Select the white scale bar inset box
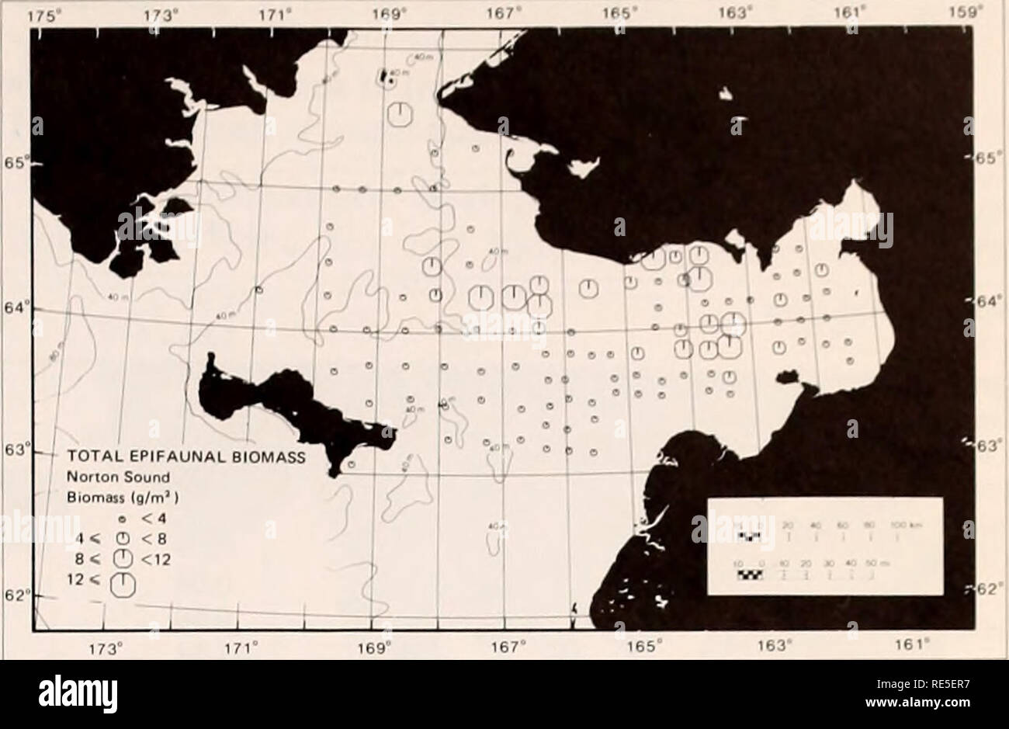click(x=826, y=547)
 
